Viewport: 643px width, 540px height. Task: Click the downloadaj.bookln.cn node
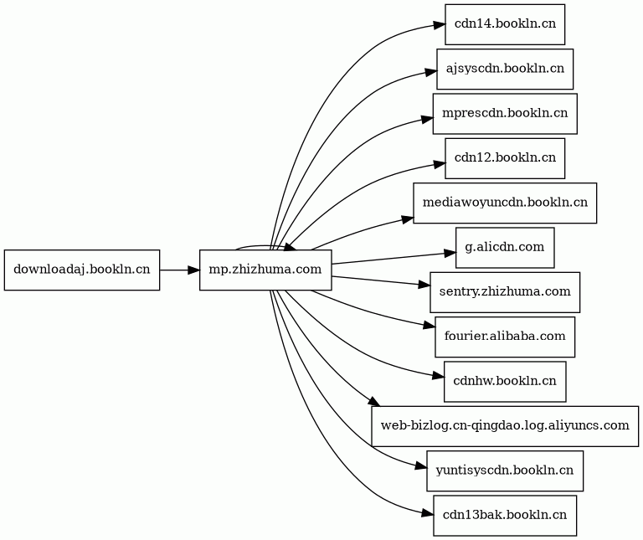point(82,270)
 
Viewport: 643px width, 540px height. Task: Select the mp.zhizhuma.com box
point(265,270)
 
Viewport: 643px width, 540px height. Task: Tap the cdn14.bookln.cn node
point(505,24)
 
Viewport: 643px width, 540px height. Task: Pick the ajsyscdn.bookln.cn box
point(505,69)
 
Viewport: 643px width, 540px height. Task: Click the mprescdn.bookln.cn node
point(505,114)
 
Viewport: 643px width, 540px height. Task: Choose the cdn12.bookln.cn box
point(505,158)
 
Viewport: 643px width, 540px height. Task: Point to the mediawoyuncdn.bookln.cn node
point(505,203)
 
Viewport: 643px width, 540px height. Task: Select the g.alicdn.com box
point(505,248)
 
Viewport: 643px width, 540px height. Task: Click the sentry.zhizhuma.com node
point(505,292)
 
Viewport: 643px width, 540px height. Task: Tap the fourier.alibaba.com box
point(505,337)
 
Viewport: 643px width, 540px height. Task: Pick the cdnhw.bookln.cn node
point(505,381)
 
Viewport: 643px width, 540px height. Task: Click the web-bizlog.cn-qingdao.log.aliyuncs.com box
point(505,426)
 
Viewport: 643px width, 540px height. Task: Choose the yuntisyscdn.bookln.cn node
point(505,471)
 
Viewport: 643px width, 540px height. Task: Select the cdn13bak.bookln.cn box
point(505,516)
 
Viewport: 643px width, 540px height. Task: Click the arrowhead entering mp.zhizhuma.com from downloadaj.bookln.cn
point(194,270)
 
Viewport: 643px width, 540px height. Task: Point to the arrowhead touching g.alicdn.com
point(450,253)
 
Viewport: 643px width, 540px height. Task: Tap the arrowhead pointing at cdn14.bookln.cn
point(440,25)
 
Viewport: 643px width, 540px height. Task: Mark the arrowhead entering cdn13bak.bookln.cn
point(428,513)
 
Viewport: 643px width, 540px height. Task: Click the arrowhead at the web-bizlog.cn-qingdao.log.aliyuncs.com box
point(375,402)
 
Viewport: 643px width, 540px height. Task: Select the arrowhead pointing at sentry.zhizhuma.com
point(424,285)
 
